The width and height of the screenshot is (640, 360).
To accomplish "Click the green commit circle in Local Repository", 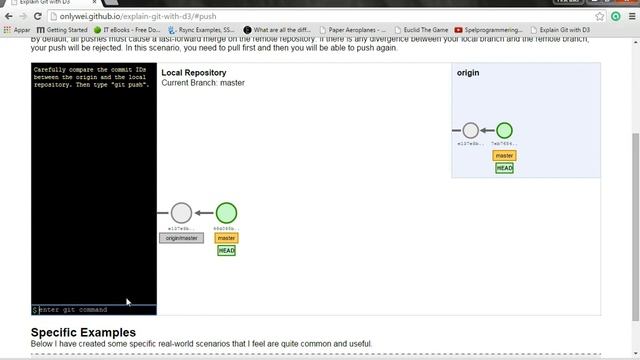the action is pos(227,212).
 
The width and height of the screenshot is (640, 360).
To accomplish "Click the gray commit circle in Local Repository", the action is pos(181,212).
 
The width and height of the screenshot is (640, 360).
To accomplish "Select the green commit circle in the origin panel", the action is pos(504,130).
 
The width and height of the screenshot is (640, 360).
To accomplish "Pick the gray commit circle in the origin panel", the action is pos(471,130).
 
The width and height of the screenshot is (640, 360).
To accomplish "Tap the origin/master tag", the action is pos(181,238).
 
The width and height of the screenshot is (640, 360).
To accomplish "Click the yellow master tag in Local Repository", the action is pos(227,238).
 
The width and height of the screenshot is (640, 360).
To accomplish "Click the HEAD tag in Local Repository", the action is pos(227,250).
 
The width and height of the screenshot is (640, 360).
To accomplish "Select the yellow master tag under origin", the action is pos(504,156).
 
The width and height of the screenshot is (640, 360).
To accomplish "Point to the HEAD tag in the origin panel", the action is pos(504,168).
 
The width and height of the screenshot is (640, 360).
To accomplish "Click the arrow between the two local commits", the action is pos(204,212).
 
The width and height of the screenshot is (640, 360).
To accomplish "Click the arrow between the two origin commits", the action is pos(488,130).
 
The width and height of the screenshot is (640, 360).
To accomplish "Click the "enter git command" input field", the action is pos(95,310).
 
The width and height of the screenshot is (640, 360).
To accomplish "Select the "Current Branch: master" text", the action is pos(203,83).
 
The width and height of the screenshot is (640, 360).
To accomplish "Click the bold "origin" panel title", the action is pos(469,73).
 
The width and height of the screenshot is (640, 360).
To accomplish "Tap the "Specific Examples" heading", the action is pos(84,332).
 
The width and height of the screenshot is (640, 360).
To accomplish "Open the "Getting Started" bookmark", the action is pos(65,30).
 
